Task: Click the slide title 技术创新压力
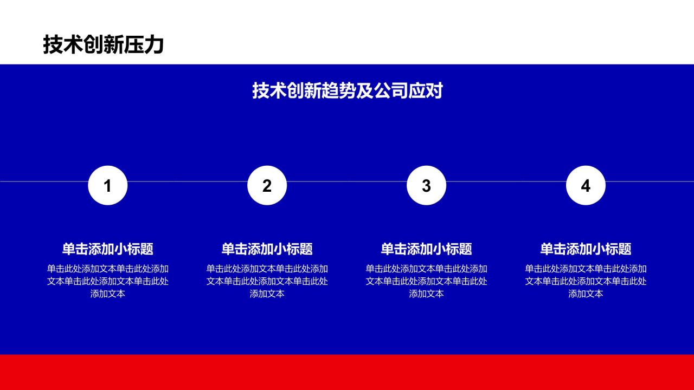coord(104,44)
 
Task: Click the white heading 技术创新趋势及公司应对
coord(348,90)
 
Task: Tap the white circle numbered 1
coord(108,185)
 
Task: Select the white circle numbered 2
coord(267,185)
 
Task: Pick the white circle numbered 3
coord(426,185)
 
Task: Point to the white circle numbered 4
coord(586,185)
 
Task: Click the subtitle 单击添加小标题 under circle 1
coord(108,249)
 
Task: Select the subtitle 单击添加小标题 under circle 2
coord(267,249)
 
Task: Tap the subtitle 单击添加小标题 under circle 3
coord(426,249)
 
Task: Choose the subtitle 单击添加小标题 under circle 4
coord(586,249)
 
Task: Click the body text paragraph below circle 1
coord(108,281)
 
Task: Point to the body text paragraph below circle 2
coord(267,281)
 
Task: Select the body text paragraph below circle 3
coord(426,281)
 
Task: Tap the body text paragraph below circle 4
coord(586,281)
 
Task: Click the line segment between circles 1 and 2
coord(188,181)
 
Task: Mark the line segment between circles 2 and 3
coord(346,181)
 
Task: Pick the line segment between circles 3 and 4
coord(506,181)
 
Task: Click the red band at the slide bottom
coord(347,372)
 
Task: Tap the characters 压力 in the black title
coord(144,44)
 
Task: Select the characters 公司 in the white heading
coord(390,90)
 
